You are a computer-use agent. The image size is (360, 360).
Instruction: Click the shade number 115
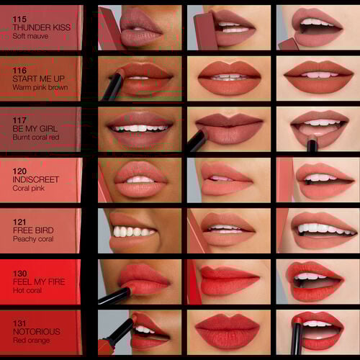19,19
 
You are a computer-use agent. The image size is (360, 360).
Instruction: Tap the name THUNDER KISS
40,28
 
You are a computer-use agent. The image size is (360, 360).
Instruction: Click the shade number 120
19,171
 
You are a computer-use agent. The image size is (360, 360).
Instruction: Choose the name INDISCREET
35,179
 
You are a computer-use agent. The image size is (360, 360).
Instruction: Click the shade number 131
19,323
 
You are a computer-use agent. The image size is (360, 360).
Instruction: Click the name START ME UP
37,78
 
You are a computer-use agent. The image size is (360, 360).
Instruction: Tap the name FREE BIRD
32,230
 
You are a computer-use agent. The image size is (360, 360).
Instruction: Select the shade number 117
19,120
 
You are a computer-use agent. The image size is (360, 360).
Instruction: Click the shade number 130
19,272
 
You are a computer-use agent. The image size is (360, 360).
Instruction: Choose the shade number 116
19,70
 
